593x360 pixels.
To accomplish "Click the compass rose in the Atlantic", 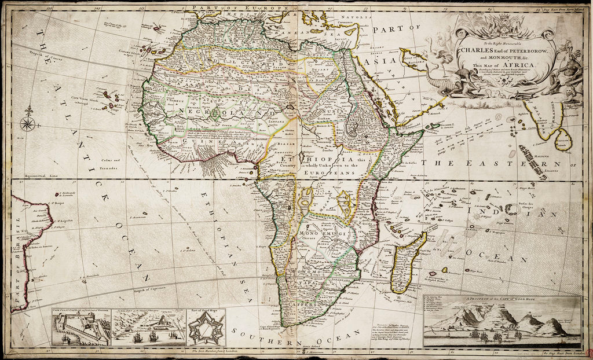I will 27,122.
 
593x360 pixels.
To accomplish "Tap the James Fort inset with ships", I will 148,328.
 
